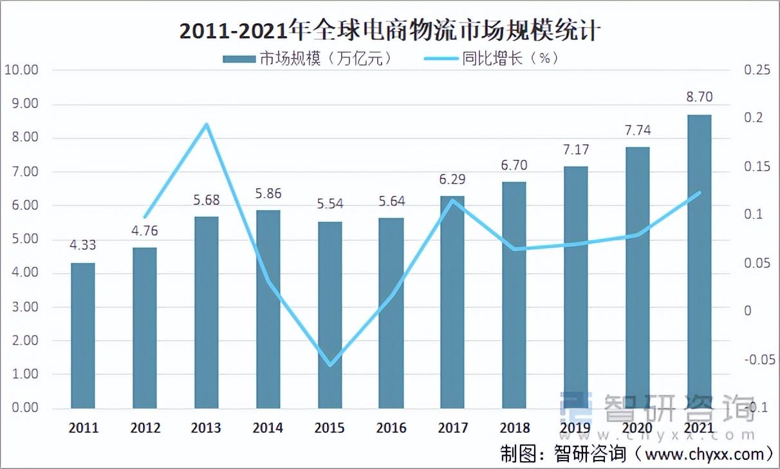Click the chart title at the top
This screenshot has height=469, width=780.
click(389, 30)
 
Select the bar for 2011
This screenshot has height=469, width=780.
click(83, 335)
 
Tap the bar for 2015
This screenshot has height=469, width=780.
click(330, 316)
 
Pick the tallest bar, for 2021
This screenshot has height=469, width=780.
click(699, 261)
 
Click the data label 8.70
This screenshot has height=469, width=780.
click(699, 98)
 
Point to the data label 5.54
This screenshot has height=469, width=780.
click(330, 204)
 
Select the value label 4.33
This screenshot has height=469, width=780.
click(83, 245)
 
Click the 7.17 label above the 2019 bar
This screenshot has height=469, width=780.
click(575, 149)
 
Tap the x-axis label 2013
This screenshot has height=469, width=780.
click(206, 428)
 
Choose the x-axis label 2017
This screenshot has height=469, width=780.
click(452, 428)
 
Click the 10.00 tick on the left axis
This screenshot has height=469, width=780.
click(21, 70)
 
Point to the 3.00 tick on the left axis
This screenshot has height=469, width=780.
click(25, 307)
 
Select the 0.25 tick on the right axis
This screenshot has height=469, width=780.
click(757, 70)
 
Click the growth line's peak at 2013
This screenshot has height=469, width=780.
click(207, 124)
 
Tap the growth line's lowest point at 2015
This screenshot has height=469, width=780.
click(330, 365)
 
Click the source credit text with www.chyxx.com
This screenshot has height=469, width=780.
click(637, 453)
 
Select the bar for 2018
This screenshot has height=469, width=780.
click(514, 295)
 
